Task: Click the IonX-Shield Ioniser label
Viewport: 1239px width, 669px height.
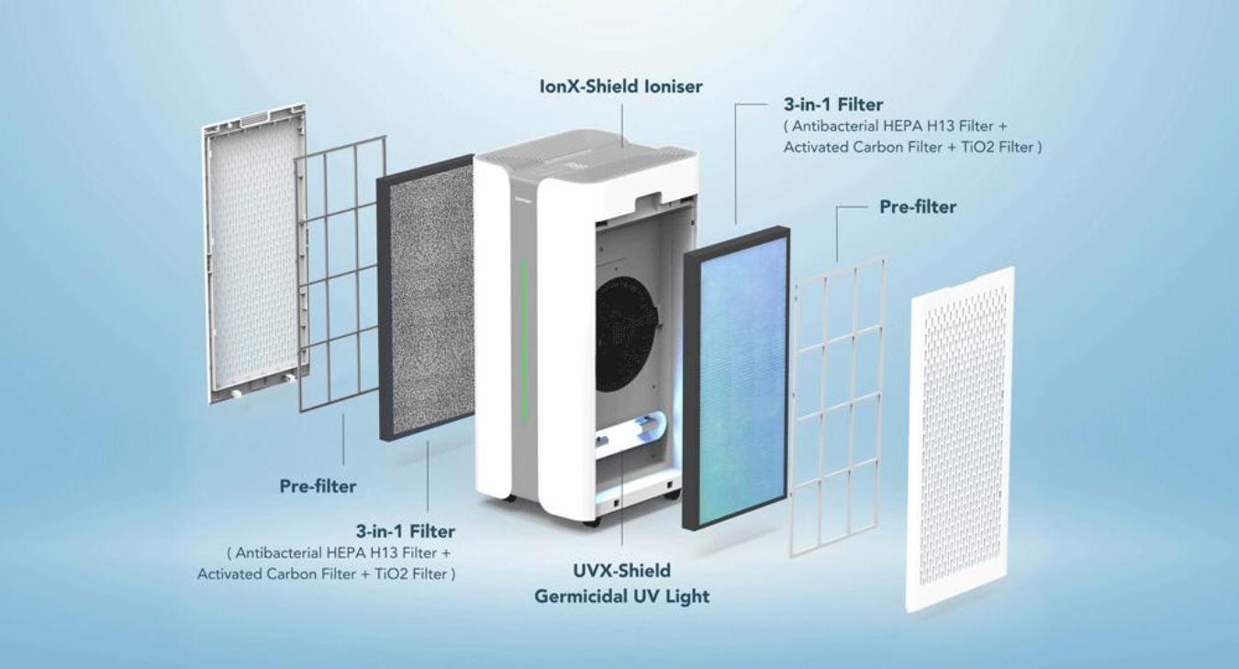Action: [620, 86]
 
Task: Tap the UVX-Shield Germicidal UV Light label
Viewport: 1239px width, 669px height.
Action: [621, 584]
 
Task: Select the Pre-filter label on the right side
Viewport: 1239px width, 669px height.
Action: [918, 206]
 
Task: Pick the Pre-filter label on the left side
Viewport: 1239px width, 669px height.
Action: [318, 486]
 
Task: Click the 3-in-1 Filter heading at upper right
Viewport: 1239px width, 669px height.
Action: [833, 104]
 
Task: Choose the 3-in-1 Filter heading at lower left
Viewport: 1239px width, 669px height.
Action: [406, 531]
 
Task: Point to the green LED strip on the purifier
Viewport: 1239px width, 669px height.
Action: [524, 340]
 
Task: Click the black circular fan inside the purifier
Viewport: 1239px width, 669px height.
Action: [625, 334]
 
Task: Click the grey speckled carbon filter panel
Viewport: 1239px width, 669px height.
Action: [426, 298]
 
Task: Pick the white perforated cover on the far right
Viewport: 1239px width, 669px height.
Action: [960, 439]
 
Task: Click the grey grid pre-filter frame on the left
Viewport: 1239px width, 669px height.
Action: [340, 273]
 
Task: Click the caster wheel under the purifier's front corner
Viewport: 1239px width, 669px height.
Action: [591, 522]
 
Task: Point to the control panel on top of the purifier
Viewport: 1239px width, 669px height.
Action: [575, 163]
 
